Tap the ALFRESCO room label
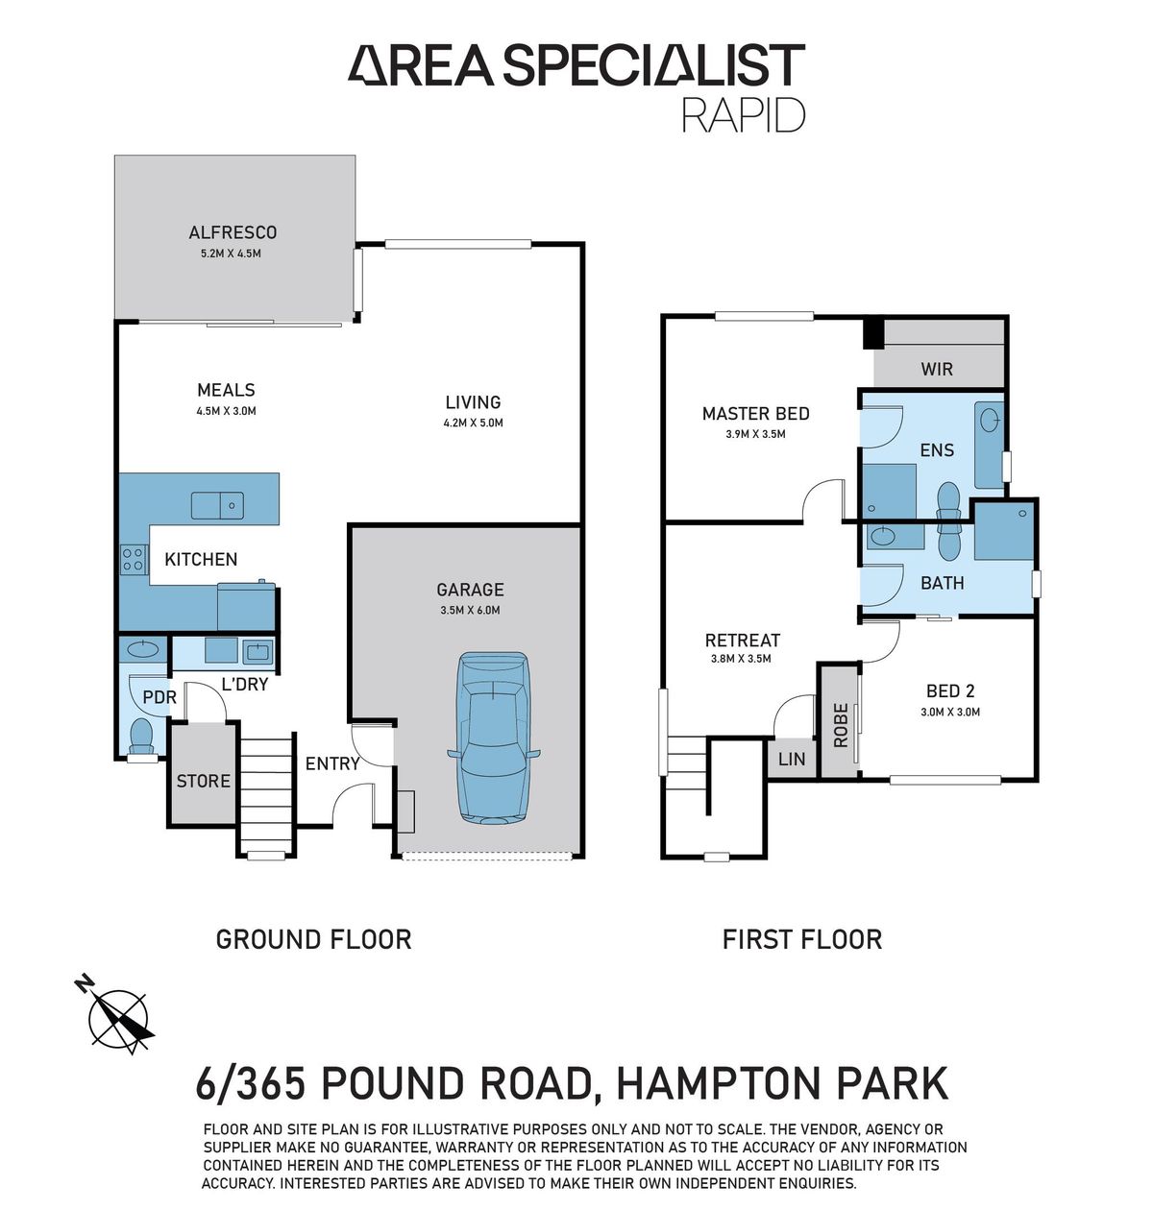(233, 232)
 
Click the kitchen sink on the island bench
(217, 504)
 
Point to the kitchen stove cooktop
(133, 559)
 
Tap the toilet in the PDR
(141, 736)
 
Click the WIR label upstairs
(937, 369)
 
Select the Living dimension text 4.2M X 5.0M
(473, 423)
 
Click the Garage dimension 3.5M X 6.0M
(469, 610)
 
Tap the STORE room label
(203, 781)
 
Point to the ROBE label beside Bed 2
(841, 725)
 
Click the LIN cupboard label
(792, 759)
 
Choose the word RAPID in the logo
(743, 114)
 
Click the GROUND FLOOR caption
(313, 938)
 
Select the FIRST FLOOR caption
(801, 938)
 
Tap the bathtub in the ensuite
(989, 445)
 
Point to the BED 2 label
(949, 690)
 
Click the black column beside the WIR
(872, 333)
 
